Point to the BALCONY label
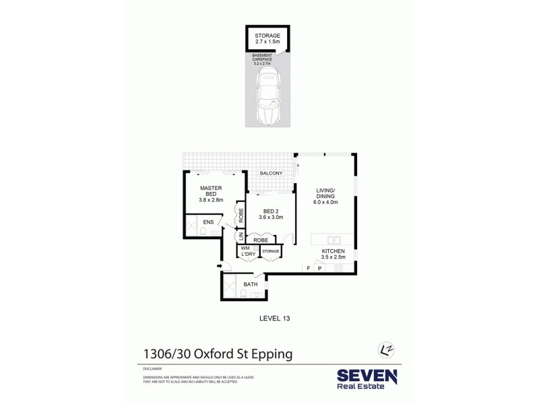pos(270,174)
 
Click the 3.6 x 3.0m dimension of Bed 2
pos(271,217)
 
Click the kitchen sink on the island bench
pos(331,239)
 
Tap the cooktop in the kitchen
pos(338,268)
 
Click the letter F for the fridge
pos(309,268)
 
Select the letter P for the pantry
pos(319,268)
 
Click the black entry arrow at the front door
pos(219,267)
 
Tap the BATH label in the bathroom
pos(251,284)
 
